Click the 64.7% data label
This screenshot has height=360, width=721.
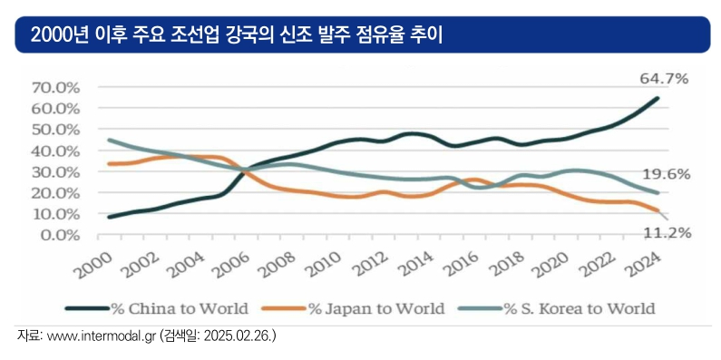[665, 79]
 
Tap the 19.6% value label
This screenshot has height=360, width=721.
[667, 174]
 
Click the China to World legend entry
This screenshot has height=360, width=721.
[157, 308]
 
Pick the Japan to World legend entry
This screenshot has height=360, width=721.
[353, 308]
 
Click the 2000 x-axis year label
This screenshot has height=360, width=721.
[93, 265]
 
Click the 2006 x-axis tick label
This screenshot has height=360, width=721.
[231, 265]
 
